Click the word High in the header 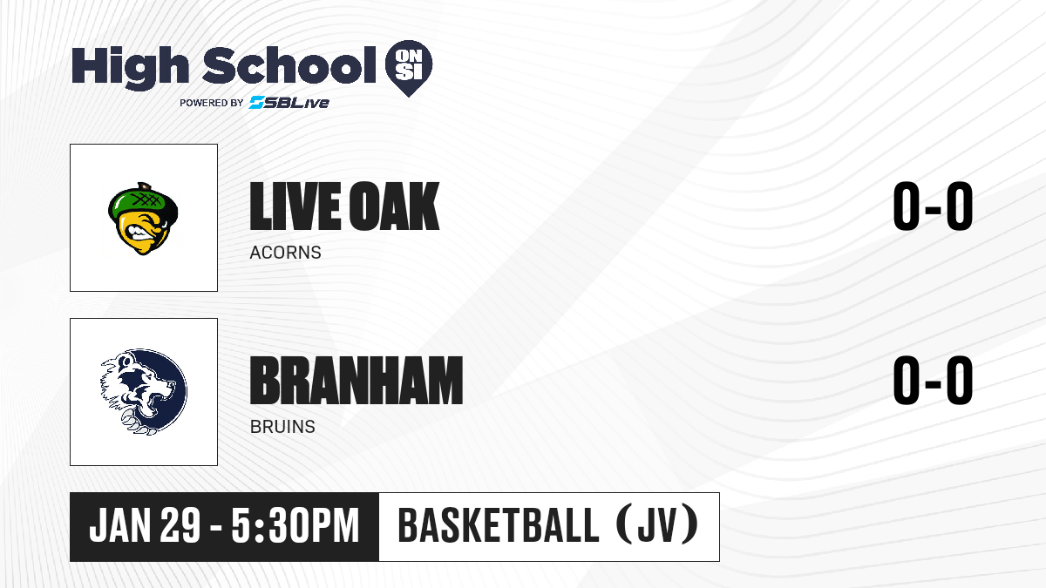point(131,67)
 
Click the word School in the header point(289,65)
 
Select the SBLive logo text point(289,103)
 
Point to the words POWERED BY point(212,103)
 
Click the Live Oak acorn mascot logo point(143,219)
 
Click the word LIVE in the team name point(295,206)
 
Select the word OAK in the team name point(394,206)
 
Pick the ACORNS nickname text point(285,253)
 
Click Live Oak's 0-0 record point(933,206)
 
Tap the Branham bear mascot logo point(143,392)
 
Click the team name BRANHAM point(357,381)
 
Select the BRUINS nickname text point(282,427)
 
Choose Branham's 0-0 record point(933,381)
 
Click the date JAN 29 point(145,525)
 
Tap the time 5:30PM point(295,525)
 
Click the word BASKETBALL point(499,525)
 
